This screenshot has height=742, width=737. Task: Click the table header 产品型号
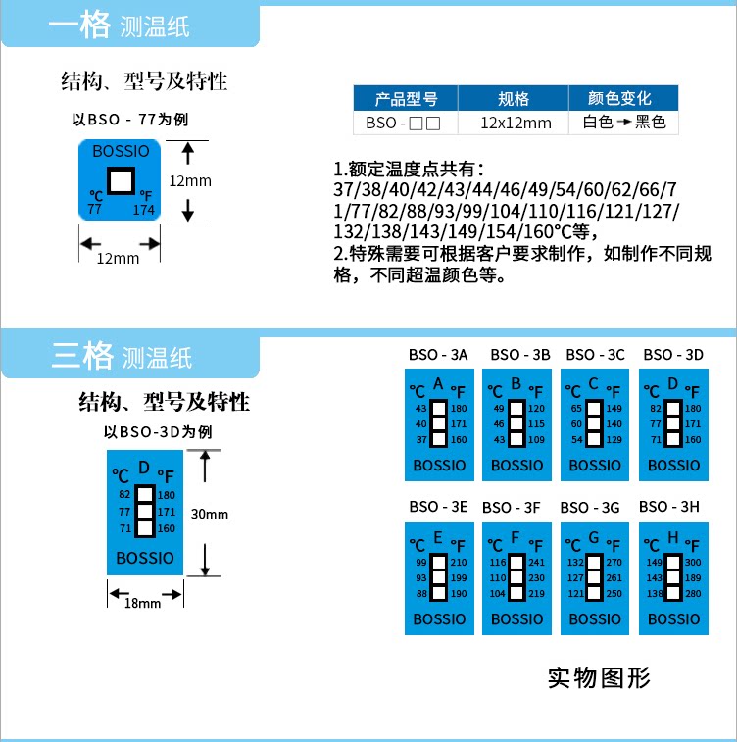click(x=405, y=99)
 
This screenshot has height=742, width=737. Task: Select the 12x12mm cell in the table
click(x=516, y=123)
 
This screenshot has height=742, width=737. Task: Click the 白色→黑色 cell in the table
click(x=624, y=123)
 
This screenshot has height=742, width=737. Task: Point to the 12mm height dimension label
click(x=190, y=181)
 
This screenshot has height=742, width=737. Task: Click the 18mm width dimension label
click(x=143, y=603)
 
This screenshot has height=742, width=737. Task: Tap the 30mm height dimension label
click(x=209, y=514)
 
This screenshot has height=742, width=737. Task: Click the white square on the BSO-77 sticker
click(x=122, y=180)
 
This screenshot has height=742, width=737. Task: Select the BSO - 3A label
click(x=438, y=355)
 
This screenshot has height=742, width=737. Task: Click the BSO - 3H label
click(x=669, y=507)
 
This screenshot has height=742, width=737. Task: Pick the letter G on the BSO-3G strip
click(x=593, y=538)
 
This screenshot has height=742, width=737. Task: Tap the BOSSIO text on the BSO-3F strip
click(x=516, y=619)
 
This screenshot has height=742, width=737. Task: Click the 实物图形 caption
click(x=599, y=677)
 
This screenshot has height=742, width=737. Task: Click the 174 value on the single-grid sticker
click(x=144, y=210)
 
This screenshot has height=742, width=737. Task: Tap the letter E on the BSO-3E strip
click(x=437, y=538)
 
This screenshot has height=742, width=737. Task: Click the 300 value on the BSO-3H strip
click(x=693, y=563)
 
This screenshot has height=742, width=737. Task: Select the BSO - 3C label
click(x=595, y=355)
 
